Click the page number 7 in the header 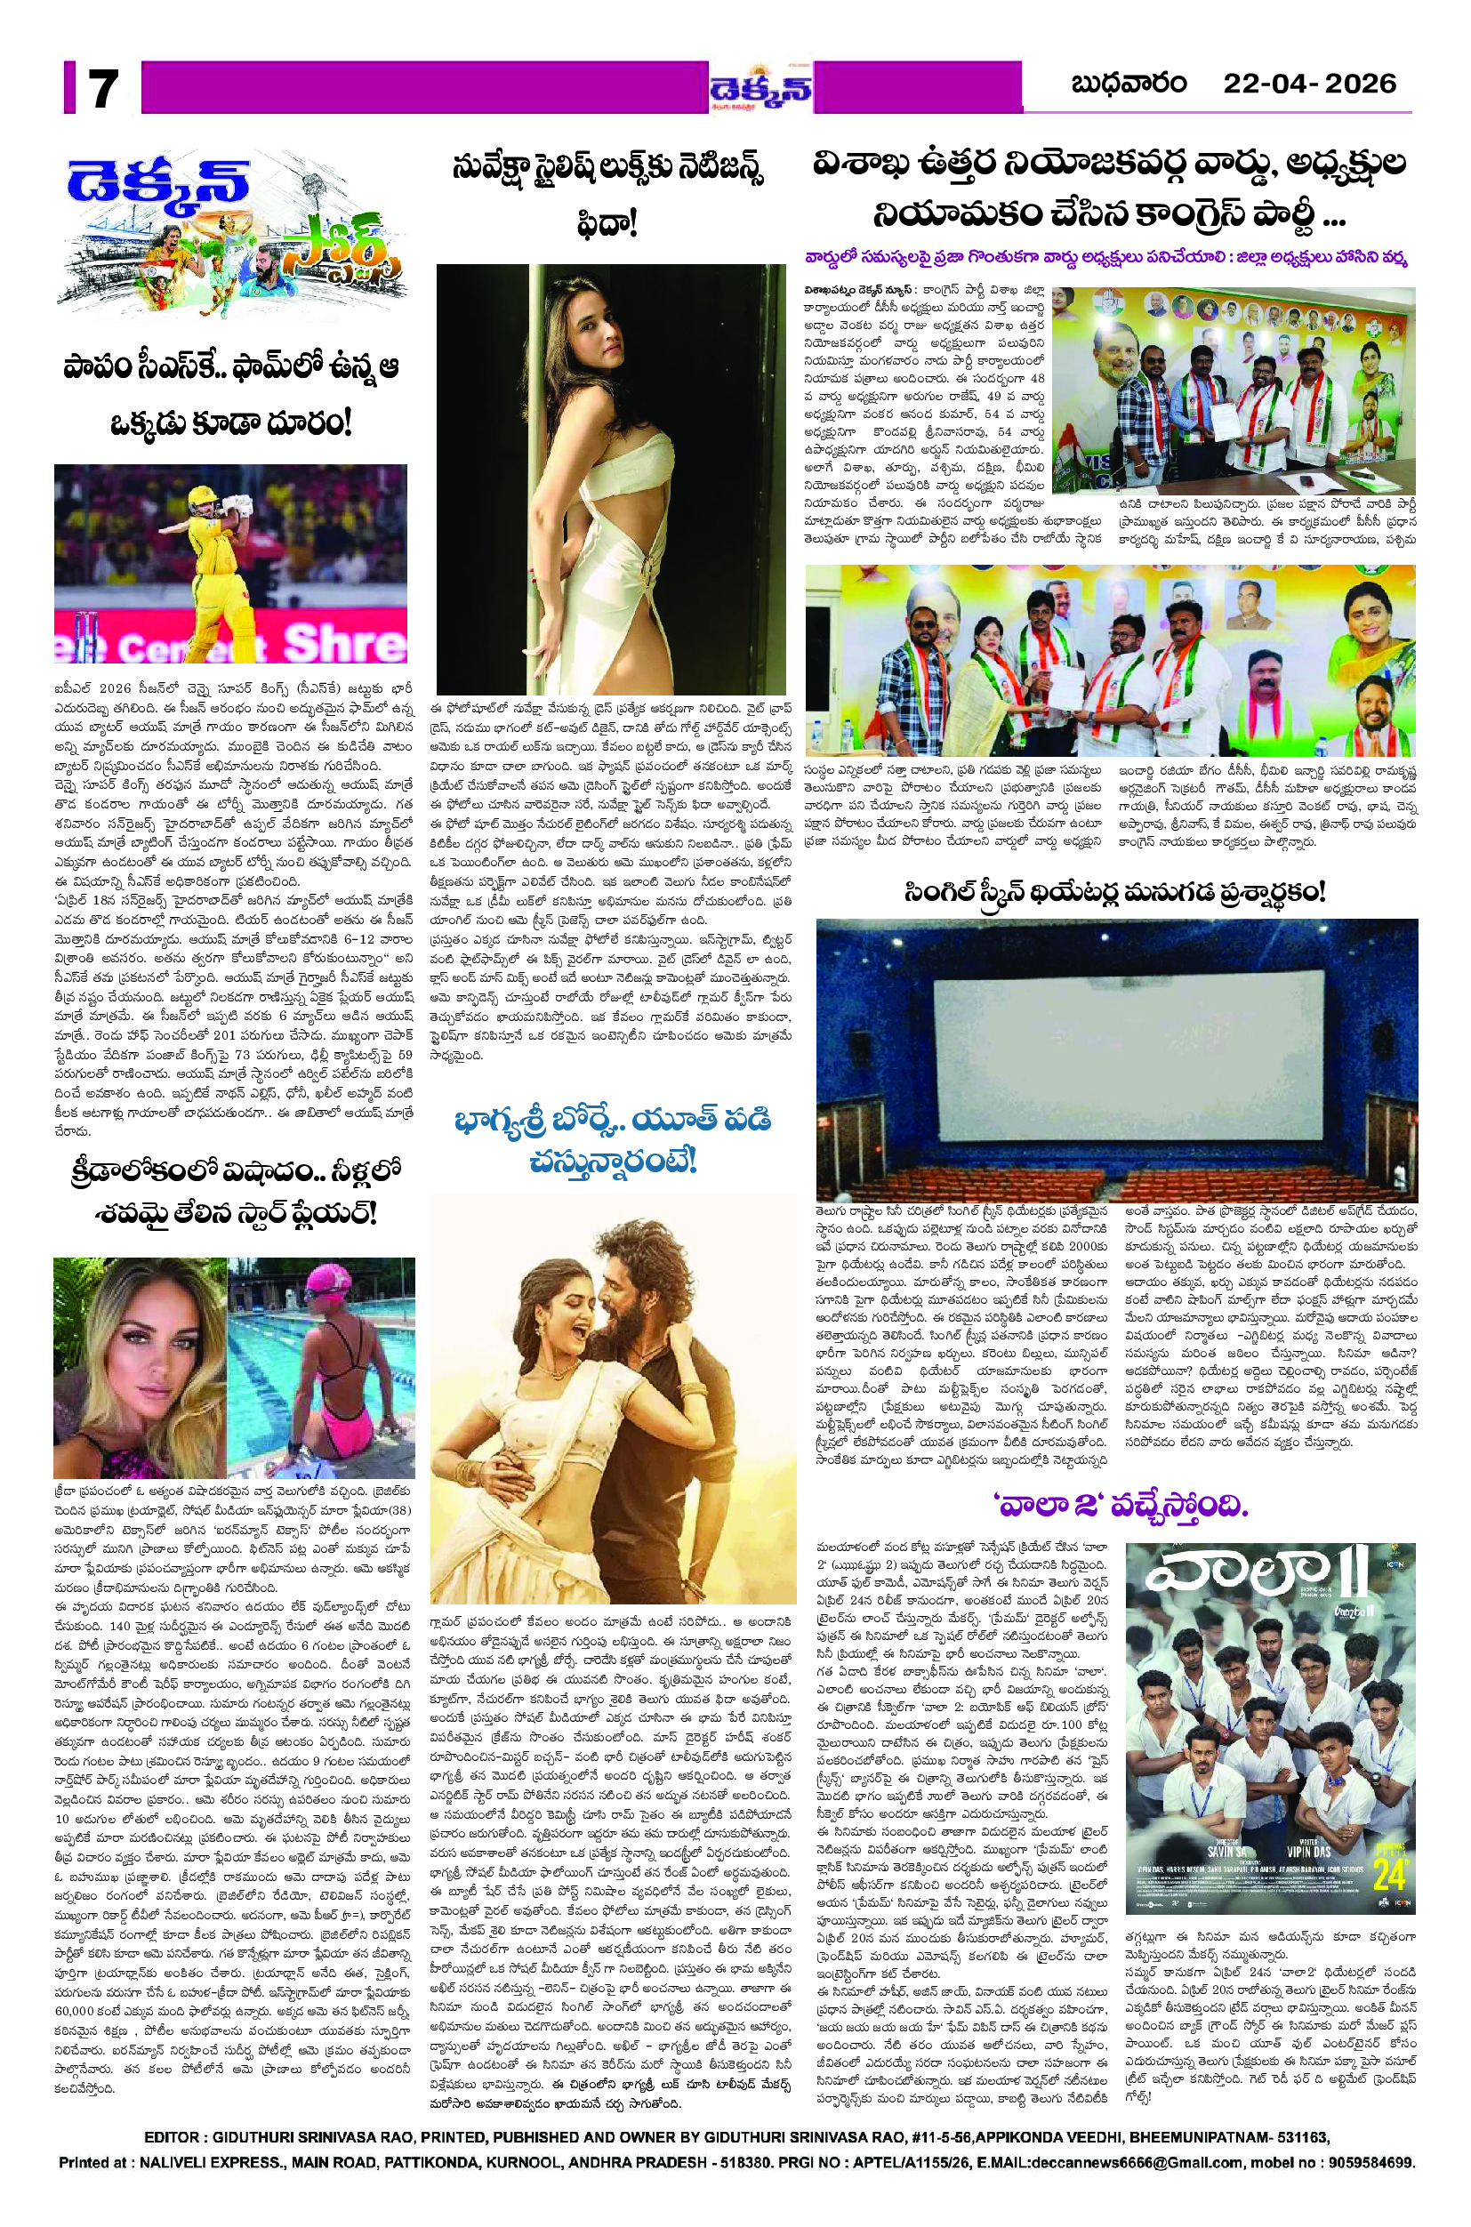101,91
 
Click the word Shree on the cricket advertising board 343,644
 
